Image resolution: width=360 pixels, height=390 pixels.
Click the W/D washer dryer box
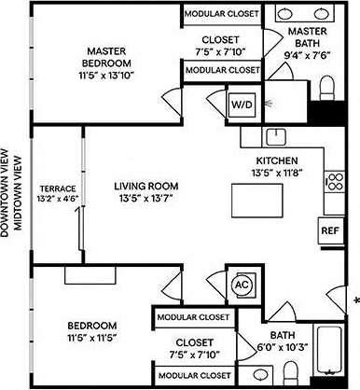240,104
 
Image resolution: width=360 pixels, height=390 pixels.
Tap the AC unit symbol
240,284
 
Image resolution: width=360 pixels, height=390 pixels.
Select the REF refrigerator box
329,230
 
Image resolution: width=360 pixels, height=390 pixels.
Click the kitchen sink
275,137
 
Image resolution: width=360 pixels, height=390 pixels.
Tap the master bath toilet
327,89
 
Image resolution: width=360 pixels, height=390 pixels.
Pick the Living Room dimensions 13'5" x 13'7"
145,200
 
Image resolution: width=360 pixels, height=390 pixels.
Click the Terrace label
57,189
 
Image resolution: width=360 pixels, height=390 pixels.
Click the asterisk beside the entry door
355,300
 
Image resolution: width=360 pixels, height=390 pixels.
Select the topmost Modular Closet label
221,14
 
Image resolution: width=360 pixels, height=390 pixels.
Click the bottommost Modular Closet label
193,375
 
